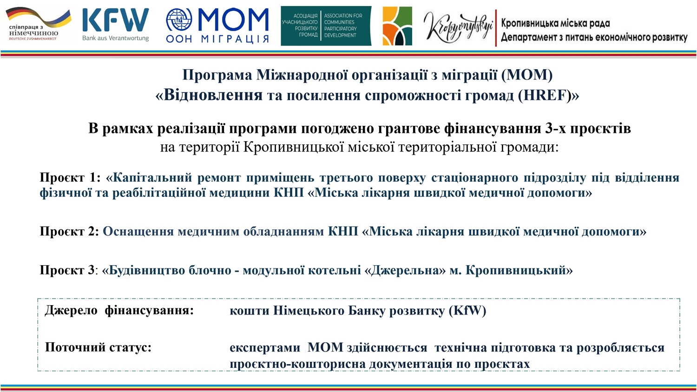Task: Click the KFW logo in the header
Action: (x=115, y=20)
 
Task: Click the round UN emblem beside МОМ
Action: (x=179, y=20)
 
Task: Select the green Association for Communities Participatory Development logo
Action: (x=326, y=26)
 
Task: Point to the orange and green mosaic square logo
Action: (x=397, y=26)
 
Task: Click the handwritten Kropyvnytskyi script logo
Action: (x=458, y=28)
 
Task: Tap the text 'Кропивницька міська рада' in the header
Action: (x=555, y=23)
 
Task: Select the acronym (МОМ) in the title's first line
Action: (x=527, y=75)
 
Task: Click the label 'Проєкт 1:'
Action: (x=70, y=177)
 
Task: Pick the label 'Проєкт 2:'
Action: (x=69, y=231)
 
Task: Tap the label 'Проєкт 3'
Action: (x=67, y=270)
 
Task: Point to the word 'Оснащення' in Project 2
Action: (x=138, y=231)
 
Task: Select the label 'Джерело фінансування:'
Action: (x=119, y=311)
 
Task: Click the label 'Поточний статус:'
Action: (x=98, y=347)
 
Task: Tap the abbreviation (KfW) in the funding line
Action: (x=467, y=311)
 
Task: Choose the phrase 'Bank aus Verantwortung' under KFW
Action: (x=115, y=38)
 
